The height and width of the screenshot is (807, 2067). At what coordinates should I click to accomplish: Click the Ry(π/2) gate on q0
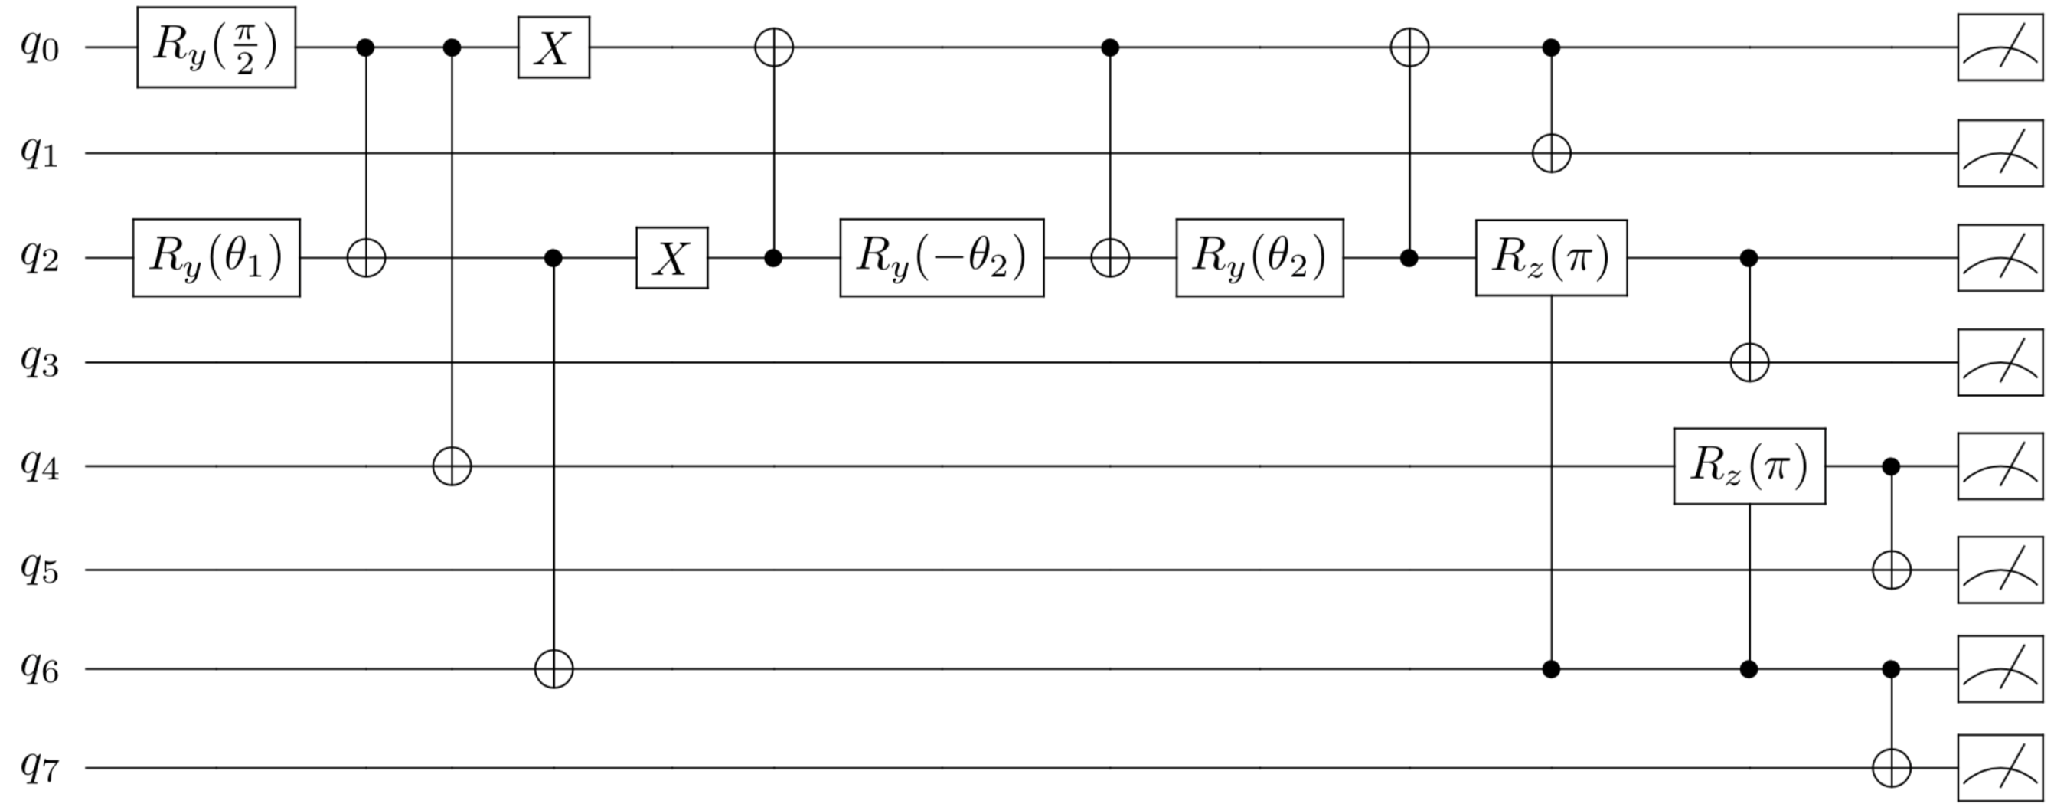pos(216,47)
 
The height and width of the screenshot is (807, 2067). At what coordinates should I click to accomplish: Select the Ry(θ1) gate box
pos(216,257)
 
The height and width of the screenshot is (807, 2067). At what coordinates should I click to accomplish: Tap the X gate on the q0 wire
pos(553,47)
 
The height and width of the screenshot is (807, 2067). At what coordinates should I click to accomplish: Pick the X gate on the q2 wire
pos(671,257)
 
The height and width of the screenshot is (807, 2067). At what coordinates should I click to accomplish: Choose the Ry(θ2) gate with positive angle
pos(1259,257)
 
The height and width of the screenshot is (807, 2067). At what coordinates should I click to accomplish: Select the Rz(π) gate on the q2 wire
pos(1550,257)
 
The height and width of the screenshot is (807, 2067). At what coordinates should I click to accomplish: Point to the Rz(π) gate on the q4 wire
pos(1749,466)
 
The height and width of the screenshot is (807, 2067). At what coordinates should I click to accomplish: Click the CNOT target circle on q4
pos(452,466)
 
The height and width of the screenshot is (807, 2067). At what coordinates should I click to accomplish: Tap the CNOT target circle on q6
pos(553,668)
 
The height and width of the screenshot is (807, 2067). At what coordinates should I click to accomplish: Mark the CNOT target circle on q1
pos(1550,152)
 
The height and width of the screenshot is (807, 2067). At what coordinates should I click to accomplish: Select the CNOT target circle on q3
pos(1749,362)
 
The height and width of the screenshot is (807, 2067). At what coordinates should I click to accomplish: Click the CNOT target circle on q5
pos(1890,570)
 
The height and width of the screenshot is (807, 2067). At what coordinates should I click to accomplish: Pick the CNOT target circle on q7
pos(1890,768)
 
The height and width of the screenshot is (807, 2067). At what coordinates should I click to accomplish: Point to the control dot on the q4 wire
pos(1890,466)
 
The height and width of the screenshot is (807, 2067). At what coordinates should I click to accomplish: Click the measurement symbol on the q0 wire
pos(2000,47)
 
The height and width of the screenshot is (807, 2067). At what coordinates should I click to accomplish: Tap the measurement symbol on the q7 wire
pos(2000,768)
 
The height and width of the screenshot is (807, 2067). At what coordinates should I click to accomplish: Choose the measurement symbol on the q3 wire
pos(2000,362)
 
